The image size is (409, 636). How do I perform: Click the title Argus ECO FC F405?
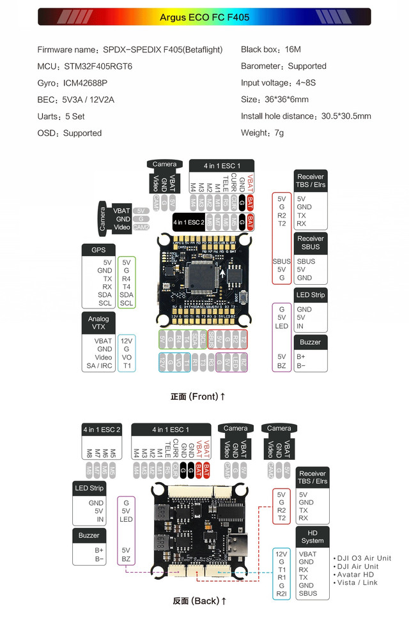click(204, 17)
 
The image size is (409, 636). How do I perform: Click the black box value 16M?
click(293, 50)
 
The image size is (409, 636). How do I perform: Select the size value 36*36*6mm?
click(286, 100)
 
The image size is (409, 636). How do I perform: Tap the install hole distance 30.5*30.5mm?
click(338, 116)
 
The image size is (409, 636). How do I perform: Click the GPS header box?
click(98, 250)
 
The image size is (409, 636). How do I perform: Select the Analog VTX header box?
click(98, 323)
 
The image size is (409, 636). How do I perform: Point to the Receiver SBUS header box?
click(311, 243)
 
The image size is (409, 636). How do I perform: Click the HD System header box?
click(313, 536)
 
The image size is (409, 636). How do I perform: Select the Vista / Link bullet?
click(357, 583)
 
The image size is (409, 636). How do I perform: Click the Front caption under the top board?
click(198, 397)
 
